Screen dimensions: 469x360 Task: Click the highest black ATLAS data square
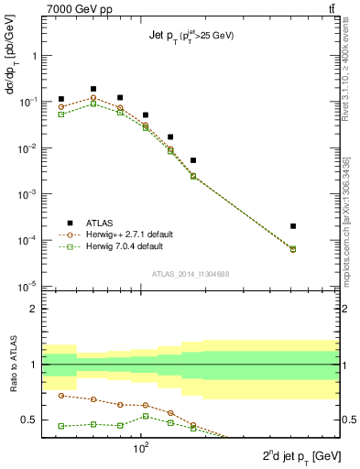[93, 89]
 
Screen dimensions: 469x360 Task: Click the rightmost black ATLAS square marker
[293, 225]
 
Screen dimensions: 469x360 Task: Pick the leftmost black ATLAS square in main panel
[61, 99]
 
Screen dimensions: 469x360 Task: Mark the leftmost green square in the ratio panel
[61, 426]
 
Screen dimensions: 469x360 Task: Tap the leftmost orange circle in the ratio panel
[61, 395]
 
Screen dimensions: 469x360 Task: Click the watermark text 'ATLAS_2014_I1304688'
[191, 273]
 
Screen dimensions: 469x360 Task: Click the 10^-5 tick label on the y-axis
[28, 287]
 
